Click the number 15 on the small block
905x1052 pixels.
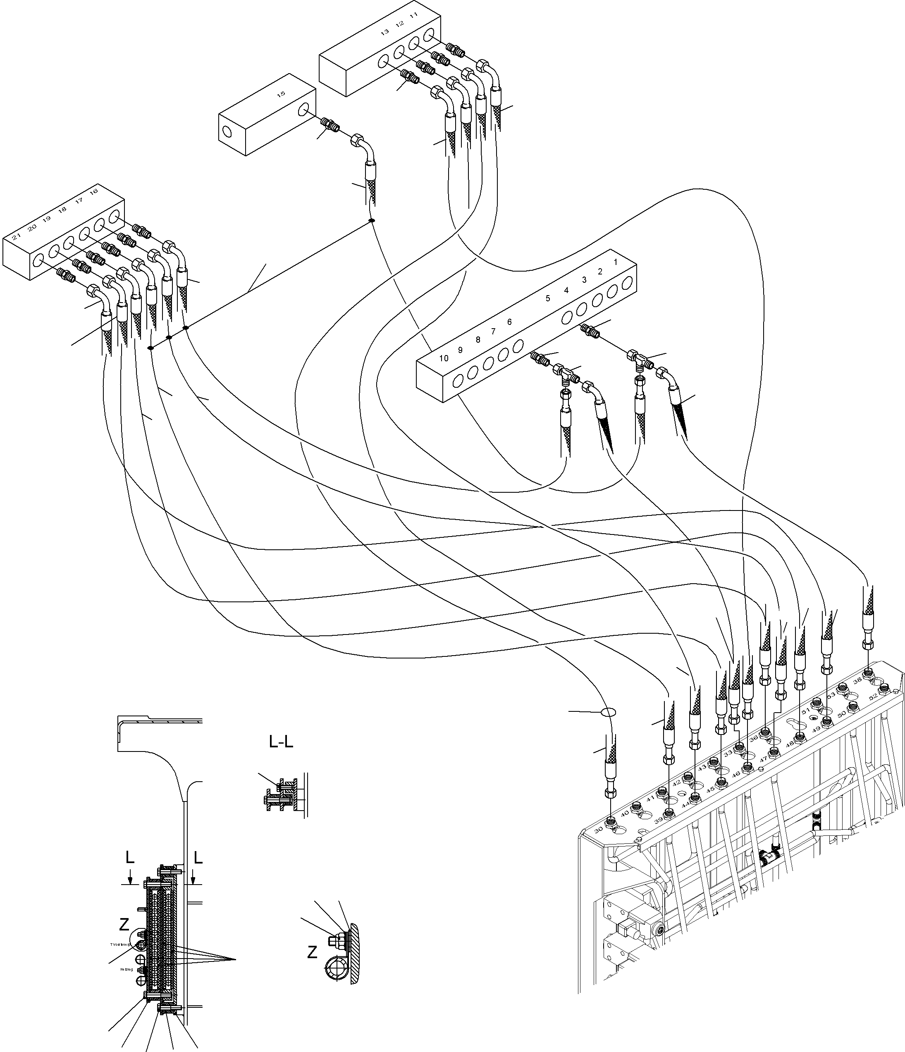281,94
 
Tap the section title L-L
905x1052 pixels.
281,742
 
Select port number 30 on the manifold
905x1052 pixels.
599,829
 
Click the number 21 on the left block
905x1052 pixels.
16,236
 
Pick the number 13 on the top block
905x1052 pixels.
384,31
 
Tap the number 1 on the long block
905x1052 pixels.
616,262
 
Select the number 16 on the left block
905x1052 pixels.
93,191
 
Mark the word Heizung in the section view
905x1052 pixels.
127,969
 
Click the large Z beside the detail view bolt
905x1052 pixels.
312,952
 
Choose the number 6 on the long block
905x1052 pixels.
509,322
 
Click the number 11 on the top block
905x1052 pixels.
414,16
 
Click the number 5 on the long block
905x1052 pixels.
547,298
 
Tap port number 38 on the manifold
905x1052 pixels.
857,681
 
